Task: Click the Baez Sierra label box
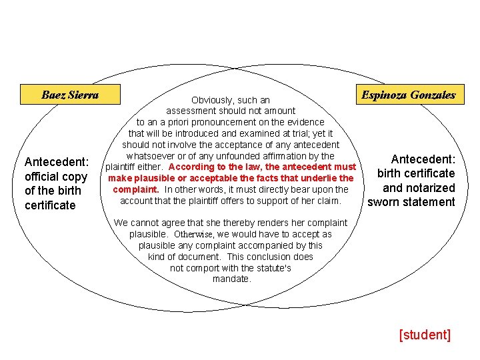pyautogui.click(x=69, y=95)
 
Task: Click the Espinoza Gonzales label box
pyautogui.click(x=409, y=95)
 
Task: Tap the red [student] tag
pyautogui.click(x=425, y=335)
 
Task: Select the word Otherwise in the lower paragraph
pyautogui.click(x=194, y=234)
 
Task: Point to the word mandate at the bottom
pyautogui.click(x=231, y=279)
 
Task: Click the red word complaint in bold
pyautogui.click(x=135, y=189)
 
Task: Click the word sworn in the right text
pyautogui.click(x=385, y=202)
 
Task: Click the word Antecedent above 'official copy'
pyautogui.click(x=56, y=162)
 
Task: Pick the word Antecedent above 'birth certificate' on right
pyautogui.click(x=423, y=159)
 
